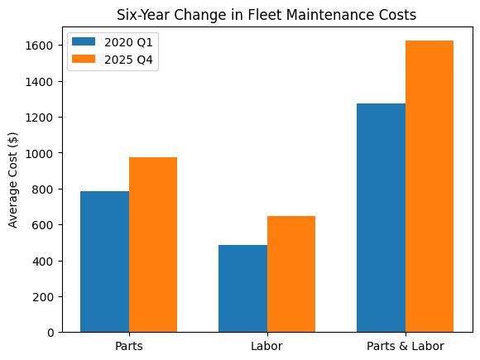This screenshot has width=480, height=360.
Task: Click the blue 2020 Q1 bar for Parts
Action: (104, 262)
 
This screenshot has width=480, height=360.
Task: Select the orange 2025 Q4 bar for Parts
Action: (153, 245)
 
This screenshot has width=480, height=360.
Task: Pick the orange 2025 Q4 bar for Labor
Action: (291, 274)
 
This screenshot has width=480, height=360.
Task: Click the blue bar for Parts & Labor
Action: (381, 218)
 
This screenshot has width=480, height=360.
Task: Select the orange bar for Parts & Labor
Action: (430, 186)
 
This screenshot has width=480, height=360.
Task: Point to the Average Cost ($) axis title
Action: (13, 180)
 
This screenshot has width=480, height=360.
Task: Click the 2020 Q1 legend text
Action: (128, 41)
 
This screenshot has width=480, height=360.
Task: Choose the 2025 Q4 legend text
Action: (128, 59)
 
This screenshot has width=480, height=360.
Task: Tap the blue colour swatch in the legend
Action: (84, 41)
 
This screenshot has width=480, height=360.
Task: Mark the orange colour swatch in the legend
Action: (84, 59)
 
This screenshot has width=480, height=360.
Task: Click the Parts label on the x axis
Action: (129, 346)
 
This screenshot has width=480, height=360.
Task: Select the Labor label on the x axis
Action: (266, 346)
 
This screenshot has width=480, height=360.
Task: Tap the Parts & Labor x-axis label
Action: (405, 346)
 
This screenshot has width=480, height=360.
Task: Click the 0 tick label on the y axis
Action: (50, 333)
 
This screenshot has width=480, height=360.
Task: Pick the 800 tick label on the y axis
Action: (45, 190)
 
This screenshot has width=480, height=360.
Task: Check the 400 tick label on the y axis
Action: (45, 261)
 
